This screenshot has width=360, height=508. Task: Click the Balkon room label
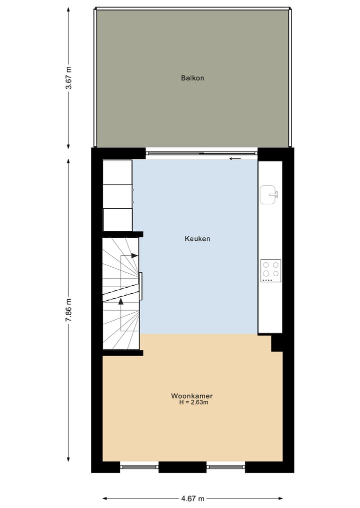(192, 78)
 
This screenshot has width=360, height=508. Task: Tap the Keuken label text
(197, 239)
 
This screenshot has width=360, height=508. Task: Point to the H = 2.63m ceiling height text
(193, 402)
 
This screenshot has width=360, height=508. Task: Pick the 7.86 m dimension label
(68, 310)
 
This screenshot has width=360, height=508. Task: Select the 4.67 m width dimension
(192, 498)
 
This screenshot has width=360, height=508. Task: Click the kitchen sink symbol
(269, 194)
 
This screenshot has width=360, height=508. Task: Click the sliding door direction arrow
(235, 159)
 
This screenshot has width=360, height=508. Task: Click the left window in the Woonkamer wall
(139, 467)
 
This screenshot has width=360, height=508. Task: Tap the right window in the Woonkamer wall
(225, 467)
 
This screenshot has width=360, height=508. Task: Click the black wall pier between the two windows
(182, 467)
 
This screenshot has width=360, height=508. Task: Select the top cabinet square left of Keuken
(117, 172)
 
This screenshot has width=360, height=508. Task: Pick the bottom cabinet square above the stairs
(117, 220)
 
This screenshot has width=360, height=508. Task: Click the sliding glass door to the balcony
(201, 153)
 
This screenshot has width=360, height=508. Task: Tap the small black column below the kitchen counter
(276, 343)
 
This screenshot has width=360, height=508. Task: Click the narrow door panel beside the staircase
(140, 286)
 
